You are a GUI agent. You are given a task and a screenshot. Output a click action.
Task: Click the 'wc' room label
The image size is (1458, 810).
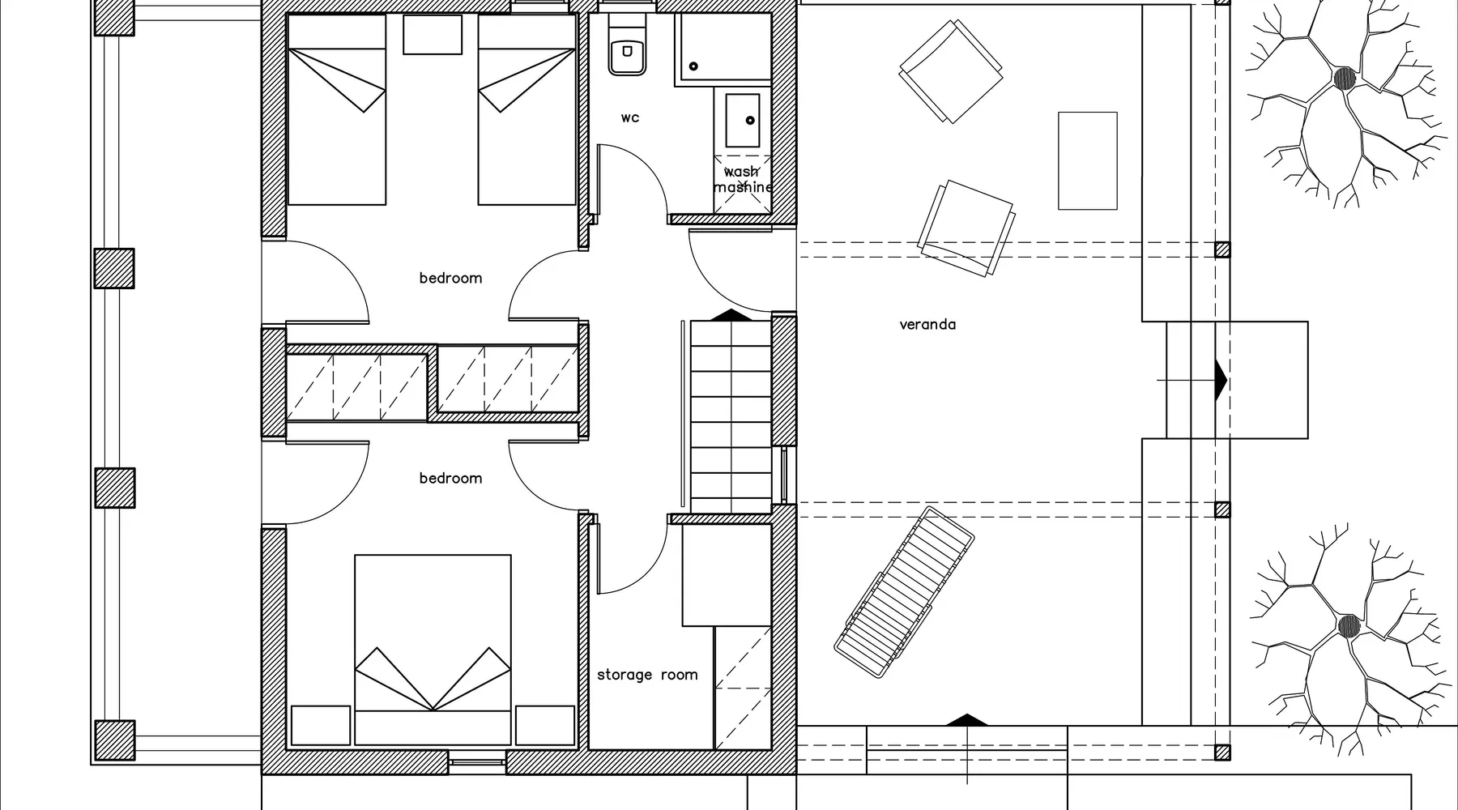pyautogui.click(x=630, y=118)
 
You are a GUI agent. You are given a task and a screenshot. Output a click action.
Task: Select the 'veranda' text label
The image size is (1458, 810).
pyautogui.click(x=927, y=325)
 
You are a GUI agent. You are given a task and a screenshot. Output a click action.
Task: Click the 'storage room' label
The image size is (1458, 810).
pyautogui.click(x=647, y=675)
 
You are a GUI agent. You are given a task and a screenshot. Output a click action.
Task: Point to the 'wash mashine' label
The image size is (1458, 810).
pyautogui.click(x=742, y=179)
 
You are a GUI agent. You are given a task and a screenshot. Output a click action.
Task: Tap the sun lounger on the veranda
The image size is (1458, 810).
pyautogui.click(x=904, y=592)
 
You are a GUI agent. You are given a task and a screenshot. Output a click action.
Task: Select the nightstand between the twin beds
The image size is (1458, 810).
pyautogui.click(x=433, y=34)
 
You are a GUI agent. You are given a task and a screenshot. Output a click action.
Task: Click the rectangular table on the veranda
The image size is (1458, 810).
pyautogui.click(x=1088, y=161)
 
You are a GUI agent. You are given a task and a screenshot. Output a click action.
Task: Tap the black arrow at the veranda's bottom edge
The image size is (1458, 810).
pyautogui.click(x=967, y=720)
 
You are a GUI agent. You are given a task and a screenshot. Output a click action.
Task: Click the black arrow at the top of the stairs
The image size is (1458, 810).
pyautogui.click(x=731, y=315)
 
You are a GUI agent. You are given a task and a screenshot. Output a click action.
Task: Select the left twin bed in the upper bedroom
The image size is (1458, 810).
pyautogui.click(x=337, y=109)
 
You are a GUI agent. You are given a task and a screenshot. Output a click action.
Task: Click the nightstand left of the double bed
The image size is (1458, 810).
pyautogui.click(x=321, y=725)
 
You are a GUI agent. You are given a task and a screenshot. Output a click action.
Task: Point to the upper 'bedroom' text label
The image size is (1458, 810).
pyautogui.click(x=450, y=278)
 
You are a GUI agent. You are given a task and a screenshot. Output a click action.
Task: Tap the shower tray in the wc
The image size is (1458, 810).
pyautogui.click(x=723, y=47)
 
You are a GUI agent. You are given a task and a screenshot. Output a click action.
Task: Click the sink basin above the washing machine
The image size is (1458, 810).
pyautogui.click(x=743, y=121)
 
